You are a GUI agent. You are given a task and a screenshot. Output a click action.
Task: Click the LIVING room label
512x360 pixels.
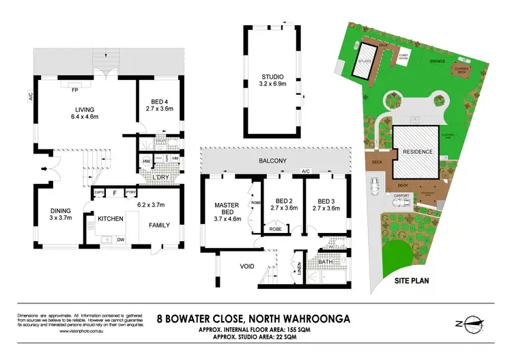pyautogui.click(x=85, y=109)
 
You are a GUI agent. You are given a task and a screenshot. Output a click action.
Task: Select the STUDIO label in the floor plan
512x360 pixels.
pyautogui.click(x=272, y=77)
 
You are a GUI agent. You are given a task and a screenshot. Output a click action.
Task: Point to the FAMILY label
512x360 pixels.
pyautogui.click(x=159, y=225)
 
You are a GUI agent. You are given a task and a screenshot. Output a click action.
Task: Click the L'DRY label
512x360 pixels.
pyautogui.click(x=162, y=178)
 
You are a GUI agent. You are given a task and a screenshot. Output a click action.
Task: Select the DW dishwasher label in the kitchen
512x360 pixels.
pyautogui.click(x=121, y=240)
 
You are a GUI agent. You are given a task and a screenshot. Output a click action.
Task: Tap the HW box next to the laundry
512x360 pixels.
pyautogui.click(x=145, y=162)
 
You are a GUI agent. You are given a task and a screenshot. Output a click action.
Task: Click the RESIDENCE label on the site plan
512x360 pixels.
pyautogui.click(x=416, y=152)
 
